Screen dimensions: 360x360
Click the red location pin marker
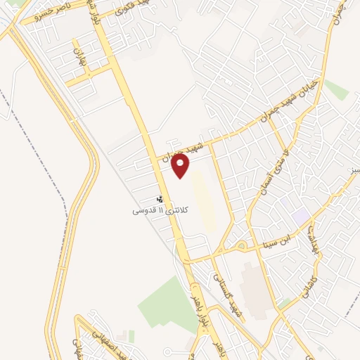pos(181,165)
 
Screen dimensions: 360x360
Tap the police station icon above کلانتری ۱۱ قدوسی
pos(160,199)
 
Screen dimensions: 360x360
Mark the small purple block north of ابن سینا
pos(302,217)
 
